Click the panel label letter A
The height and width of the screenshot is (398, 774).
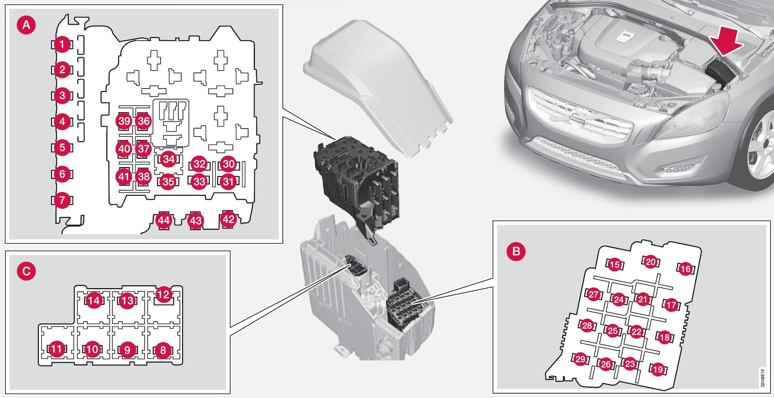26,25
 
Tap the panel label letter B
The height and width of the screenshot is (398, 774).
516,251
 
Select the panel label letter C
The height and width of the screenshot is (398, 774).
26,271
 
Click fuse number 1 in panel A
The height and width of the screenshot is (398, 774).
62,44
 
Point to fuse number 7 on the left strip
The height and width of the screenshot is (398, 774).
62,200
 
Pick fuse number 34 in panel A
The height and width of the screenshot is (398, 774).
169,159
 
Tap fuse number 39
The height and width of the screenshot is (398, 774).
124,121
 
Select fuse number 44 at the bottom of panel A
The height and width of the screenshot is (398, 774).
164,220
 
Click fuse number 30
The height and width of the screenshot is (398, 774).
229,164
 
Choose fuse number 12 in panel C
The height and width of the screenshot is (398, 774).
163,295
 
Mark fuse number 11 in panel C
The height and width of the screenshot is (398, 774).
56,349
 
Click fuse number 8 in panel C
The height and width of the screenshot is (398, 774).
163,350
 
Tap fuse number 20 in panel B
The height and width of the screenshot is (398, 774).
651,262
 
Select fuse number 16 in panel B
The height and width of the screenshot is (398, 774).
685,269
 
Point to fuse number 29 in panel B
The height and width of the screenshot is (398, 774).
580,359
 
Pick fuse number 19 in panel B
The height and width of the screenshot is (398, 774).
658,369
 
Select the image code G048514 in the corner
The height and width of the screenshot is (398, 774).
762,378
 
